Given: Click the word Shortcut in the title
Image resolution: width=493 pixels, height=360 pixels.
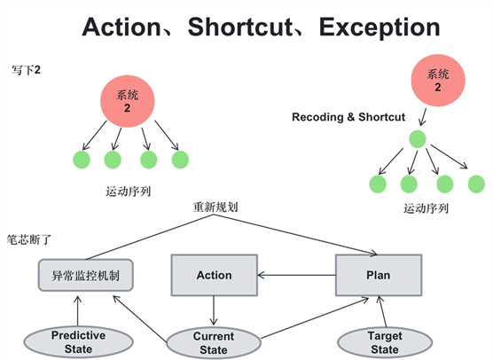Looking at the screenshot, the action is [x=240, y=27].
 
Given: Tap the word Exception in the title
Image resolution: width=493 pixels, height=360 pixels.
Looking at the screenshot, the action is [x=380, y=27].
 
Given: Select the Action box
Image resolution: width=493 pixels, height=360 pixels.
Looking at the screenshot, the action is [x=214, y=275].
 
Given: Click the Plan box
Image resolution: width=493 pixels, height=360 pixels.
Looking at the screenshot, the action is [x=379, y=275].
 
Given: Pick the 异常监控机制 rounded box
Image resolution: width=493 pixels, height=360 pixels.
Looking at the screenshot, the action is [x=85, y=275].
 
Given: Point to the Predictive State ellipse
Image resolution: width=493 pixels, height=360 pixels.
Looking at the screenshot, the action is [x=78, y=342].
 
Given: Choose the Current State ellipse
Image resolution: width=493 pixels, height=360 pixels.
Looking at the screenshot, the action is [x=214, y=342].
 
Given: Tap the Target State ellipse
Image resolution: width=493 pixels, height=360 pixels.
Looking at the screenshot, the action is [x=385, y=342].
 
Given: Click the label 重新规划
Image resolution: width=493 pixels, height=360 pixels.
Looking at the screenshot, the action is [x=215, y=207].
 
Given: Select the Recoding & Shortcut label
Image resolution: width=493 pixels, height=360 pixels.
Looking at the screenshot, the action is [x=348, y=117].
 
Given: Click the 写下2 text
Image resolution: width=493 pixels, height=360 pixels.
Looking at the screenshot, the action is [x=26, y=70].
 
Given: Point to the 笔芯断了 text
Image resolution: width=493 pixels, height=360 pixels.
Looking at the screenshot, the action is [x=29, y=240].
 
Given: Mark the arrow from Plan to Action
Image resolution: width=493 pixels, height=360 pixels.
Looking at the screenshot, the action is [x=296, y=275].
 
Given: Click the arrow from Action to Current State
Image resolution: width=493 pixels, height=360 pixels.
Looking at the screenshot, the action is [x=214, y=310].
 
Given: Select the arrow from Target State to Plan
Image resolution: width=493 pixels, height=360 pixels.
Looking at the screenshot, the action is [x=383, y=311].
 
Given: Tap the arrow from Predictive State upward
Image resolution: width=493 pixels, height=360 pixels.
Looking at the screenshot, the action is [x=78, y=310].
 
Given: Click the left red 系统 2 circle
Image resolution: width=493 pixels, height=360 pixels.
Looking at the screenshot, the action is [x=128, y=101].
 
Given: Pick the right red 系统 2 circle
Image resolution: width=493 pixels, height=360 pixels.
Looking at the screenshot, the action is [x=438, y=81].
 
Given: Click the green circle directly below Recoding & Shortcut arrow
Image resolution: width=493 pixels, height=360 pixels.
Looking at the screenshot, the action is [x=418, y=139].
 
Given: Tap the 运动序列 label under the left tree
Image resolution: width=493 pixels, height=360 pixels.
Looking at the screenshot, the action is [x=129, y=192].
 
